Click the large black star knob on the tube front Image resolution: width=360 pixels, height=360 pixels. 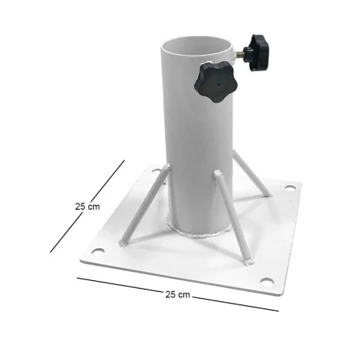(216, 82)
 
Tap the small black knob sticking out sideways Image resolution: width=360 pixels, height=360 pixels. (256, 52)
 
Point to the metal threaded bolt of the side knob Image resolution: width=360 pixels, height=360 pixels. (240, 53)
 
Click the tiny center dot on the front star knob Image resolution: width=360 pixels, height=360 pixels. (218, 85)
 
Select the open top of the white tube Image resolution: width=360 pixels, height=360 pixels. (196, 45)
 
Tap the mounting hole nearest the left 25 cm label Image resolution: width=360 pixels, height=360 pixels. (98, 251)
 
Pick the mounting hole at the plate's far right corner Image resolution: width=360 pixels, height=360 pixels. (290, 187)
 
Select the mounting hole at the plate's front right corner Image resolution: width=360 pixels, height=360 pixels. (267, 282)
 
